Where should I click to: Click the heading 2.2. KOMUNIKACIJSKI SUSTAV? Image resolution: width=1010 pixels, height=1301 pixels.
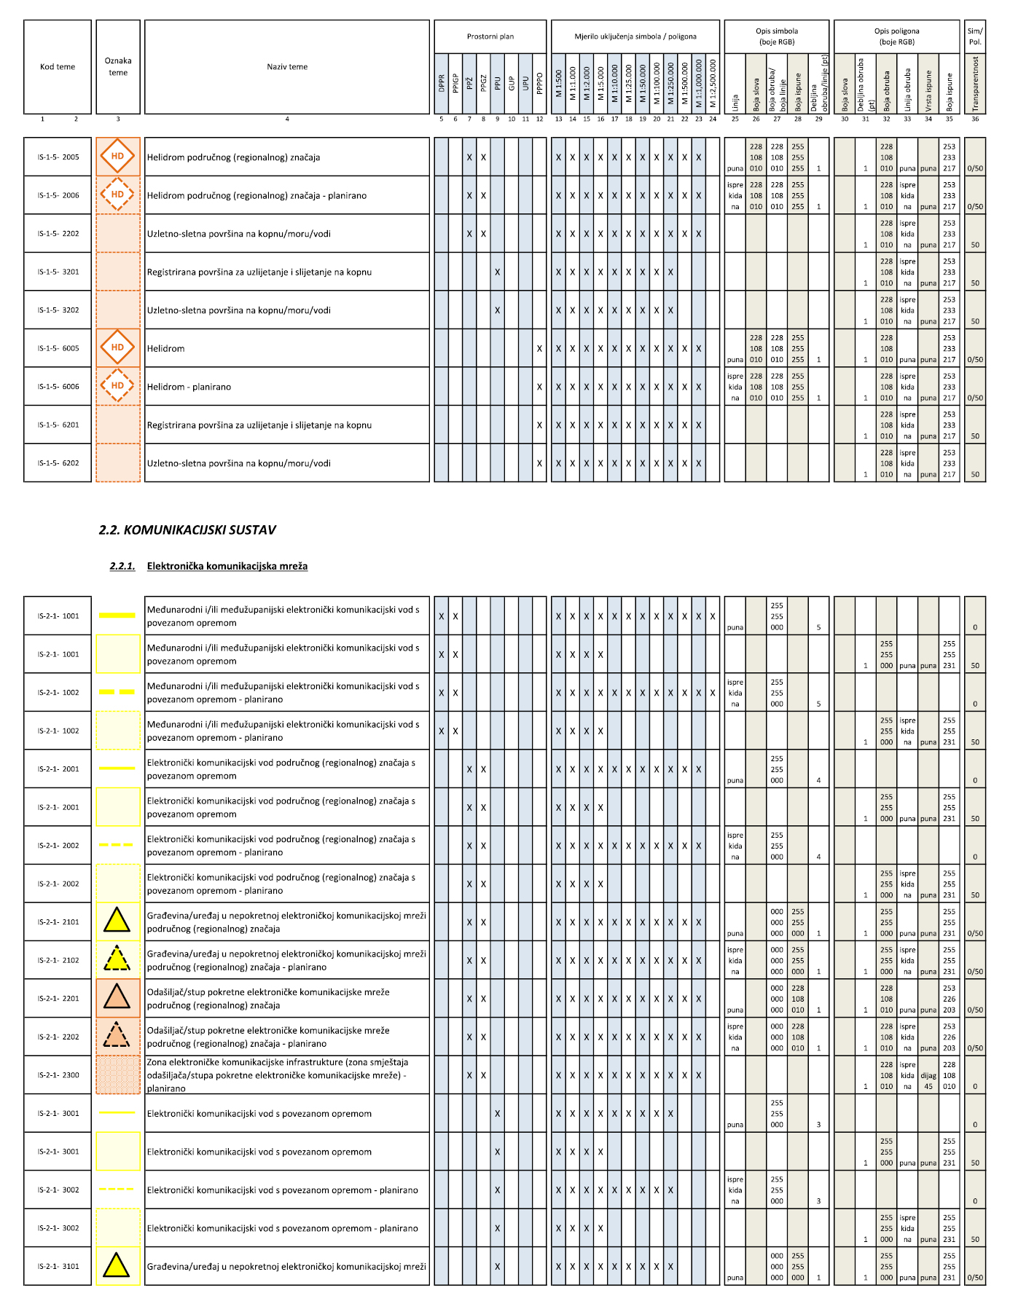187,530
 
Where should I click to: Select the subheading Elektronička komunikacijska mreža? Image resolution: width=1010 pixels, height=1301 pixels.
227,566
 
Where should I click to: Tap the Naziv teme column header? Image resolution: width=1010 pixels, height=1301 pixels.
287,67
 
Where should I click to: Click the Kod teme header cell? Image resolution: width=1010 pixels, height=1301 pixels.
58,67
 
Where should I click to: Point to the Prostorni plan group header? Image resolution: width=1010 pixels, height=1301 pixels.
490,36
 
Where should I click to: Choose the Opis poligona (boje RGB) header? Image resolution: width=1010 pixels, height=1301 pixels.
896,36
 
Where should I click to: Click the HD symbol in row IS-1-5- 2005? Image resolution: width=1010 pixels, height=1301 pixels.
117,157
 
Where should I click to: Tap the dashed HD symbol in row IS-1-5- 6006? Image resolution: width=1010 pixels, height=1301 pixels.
117,386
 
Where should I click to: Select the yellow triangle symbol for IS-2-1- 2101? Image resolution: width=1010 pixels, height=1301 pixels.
117,921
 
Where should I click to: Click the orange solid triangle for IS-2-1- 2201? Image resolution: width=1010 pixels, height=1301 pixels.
117,997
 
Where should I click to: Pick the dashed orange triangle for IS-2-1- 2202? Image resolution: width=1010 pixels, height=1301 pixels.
117,1036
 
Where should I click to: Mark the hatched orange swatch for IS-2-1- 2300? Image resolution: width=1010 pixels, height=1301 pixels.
117,1075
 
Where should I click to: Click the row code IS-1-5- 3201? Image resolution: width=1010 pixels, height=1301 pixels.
58,272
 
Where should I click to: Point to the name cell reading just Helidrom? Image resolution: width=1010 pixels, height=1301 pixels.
166,349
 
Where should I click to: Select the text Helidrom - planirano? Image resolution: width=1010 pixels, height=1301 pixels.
189,387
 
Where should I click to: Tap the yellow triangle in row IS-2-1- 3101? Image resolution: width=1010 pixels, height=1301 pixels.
117,1265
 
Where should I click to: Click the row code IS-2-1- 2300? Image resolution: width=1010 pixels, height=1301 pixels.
58,1075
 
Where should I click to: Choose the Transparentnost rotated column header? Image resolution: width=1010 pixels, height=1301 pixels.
975,84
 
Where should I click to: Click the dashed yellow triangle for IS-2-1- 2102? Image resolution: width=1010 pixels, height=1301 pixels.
117,959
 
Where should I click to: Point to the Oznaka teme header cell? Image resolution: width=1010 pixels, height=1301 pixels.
118,67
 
